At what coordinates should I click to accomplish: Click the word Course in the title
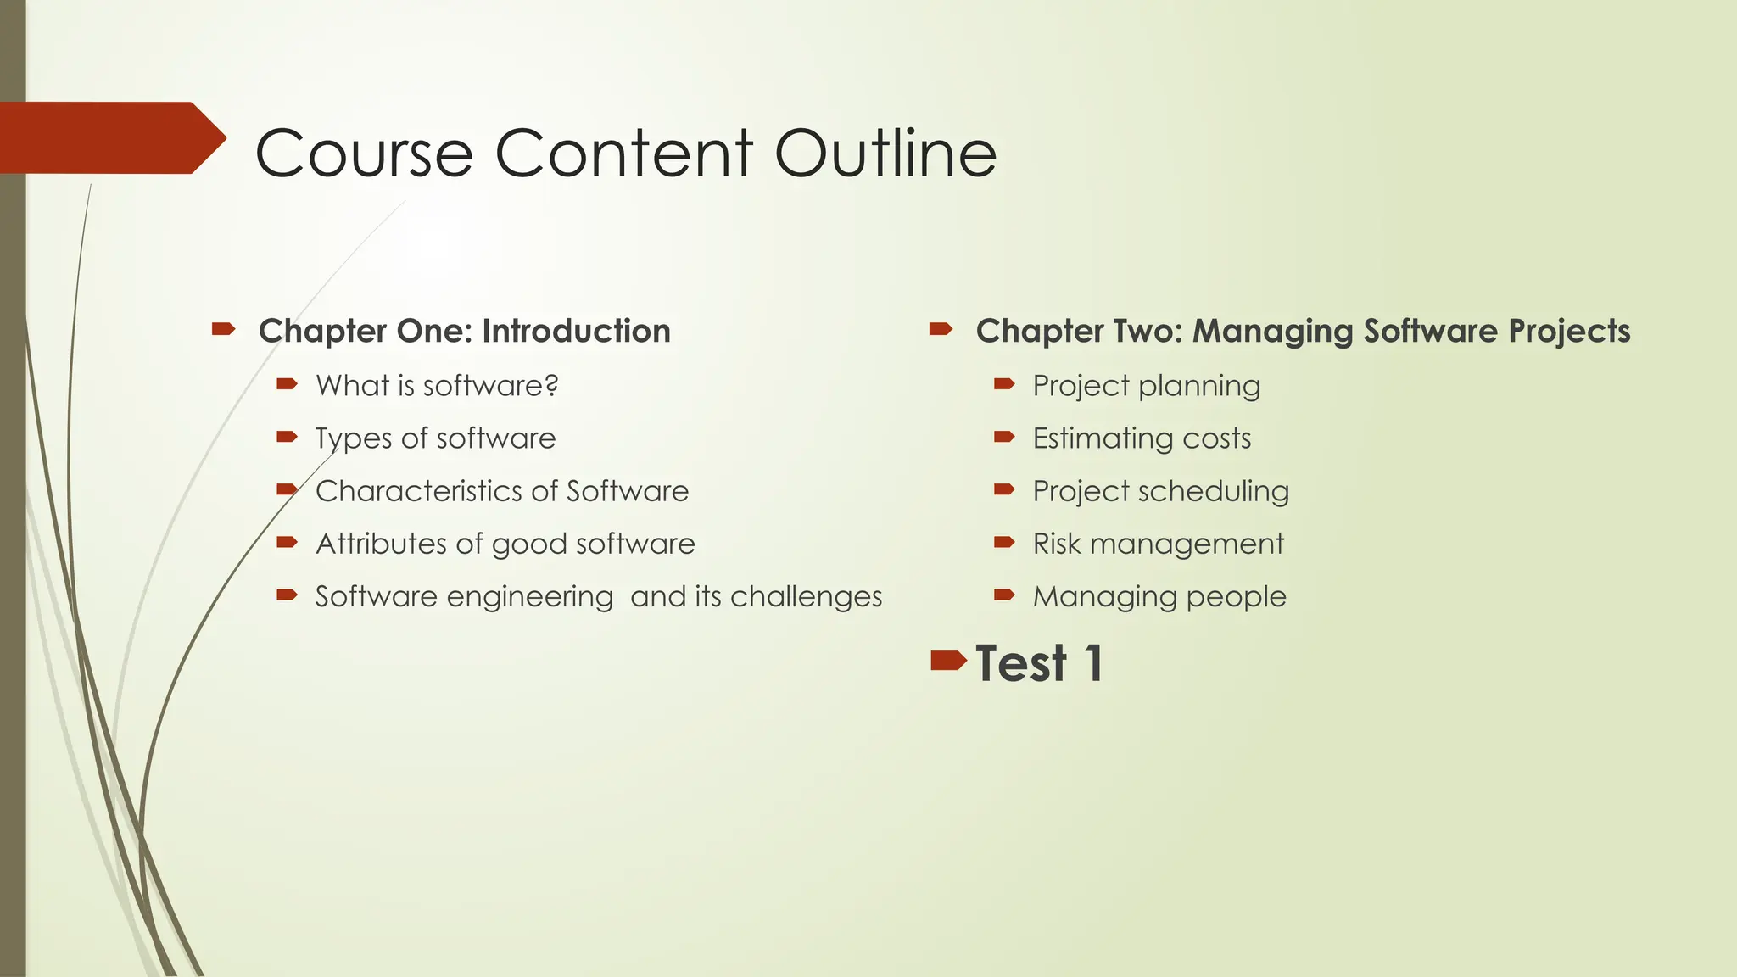pos(364,154)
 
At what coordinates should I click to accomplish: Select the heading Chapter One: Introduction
pos(464,331)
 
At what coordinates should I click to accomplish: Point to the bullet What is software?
pos(437,386)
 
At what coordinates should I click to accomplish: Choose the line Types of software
pos(435,438)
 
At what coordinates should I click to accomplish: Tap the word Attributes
pos(381,544)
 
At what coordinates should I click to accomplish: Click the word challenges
pos(806,596)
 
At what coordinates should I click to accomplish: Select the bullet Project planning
pos(1146,386)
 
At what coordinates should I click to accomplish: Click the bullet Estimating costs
pos(1142,438)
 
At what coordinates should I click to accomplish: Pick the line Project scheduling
pos(1160,491)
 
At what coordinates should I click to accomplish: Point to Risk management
pos(1158,544)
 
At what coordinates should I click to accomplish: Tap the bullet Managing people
pos(1159,596)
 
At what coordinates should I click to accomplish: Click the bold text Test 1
pos(1039,662)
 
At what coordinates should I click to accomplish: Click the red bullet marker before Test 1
pos(947,660)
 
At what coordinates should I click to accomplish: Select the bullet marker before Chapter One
pos(223,328)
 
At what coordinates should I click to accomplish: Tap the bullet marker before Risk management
pos(1004,542)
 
